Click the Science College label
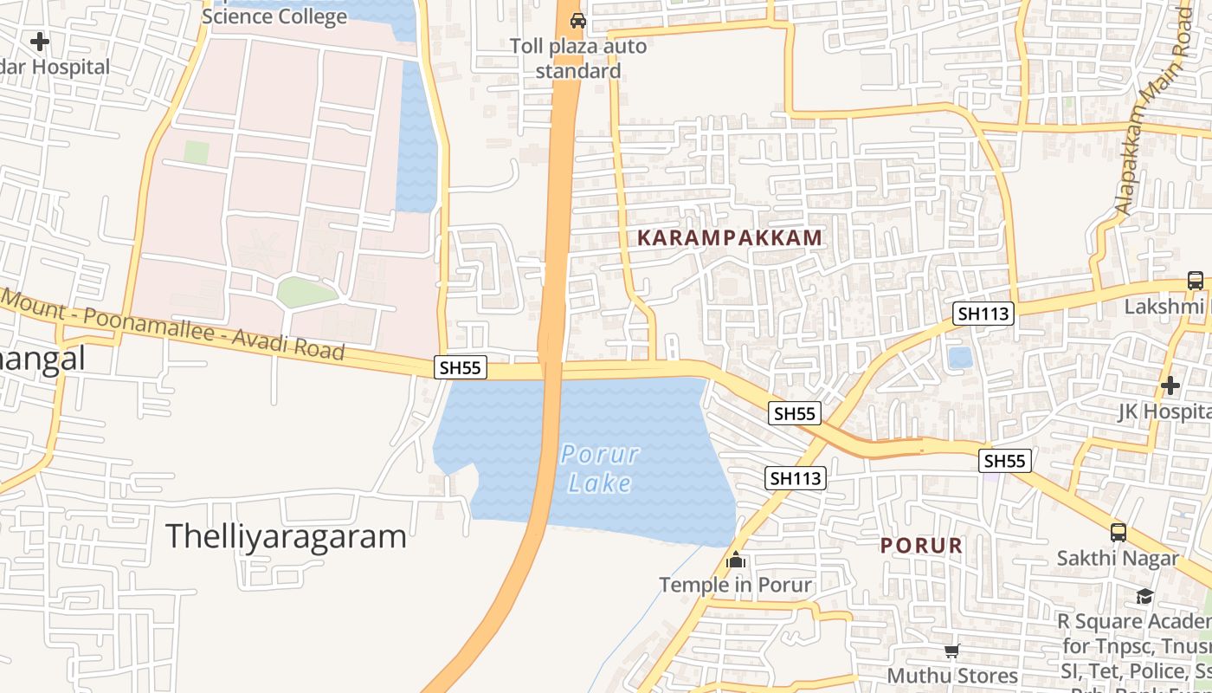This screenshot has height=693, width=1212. coord(274,16)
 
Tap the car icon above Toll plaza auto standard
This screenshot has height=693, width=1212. coord(577,20)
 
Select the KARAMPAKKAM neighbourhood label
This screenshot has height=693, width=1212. coord(730,237)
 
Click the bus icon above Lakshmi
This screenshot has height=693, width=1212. coord(1195,281)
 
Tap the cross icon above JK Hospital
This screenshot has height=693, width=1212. coord(1170,385)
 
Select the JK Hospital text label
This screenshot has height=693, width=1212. coord(1164,411)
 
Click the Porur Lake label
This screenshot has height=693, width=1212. coord(600,468)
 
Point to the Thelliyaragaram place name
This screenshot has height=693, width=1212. coord(286,536)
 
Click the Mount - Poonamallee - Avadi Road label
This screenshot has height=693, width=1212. coord(173,326)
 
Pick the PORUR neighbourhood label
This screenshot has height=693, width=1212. coord(921,546)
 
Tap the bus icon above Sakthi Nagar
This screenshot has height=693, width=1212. coord(1119,532)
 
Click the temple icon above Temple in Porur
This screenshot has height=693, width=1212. coord(736,560)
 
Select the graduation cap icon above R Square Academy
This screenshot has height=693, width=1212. coord(1144,596)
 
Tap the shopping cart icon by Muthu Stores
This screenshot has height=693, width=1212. coord(952,651)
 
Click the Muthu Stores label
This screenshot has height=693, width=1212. coord(952,675)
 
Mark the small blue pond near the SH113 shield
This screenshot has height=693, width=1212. coord(960,358)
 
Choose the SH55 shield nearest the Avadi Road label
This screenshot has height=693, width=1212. coord(460,367)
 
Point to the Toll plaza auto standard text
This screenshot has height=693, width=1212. coord(577,58)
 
